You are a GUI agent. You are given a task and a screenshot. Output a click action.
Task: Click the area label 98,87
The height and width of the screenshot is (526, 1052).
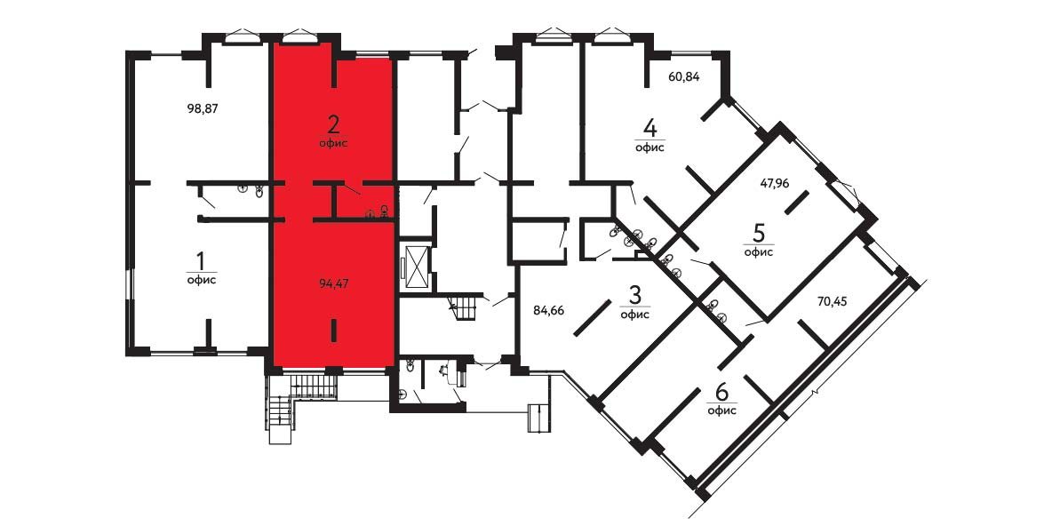[x=203, y=108]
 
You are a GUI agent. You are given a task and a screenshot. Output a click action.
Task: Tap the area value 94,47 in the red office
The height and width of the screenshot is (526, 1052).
[x=334, y=283]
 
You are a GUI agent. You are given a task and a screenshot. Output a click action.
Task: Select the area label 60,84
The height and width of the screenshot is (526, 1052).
[x=683, y=76]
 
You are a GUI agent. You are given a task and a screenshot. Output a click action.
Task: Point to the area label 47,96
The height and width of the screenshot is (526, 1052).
[x=774, y=181]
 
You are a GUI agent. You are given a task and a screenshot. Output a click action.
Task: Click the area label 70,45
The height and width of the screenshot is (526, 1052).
[x=832, y=301]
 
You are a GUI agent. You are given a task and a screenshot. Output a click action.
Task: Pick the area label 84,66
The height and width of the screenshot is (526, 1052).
[x=548, y=310]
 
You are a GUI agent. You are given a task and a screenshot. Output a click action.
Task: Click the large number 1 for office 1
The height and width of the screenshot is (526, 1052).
[x=201, y=259]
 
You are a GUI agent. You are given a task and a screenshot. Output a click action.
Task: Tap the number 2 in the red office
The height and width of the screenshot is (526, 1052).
[x=333, y=124]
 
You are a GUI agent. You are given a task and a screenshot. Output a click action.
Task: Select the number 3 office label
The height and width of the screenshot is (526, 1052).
[x=634, y=294]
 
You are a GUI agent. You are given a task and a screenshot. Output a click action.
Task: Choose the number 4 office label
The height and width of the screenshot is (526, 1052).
[x=650, y=127]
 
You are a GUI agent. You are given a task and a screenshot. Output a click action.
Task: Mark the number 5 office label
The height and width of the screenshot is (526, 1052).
[x=759, y=233]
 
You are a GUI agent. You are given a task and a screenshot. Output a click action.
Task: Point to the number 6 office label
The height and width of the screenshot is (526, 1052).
[x=721, y=391]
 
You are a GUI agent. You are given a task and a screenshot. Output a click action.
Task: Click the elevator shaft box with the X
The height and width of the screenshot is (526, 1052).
[x=415, y=267]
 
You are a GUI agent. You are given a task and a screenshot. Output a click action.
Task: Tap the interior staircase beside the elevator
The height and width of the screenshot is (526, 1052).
[x=465, y=307]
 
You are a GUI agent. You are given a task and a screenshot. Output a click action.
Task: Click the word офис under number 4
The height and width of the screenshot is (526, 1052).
[x=650, y=147]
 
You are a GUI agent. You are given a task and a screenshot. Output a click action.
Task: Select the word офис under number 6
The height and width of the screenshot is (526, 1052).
[x=721, y=410]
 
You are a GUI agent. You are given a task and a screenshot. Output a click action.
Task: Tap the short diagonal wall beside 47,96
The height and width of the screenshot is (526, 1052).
[x=796, y=203]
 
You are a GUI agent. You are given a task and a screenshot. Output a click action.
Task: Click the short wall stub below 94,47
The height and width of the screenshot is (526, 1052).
[x=333, y=331]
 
